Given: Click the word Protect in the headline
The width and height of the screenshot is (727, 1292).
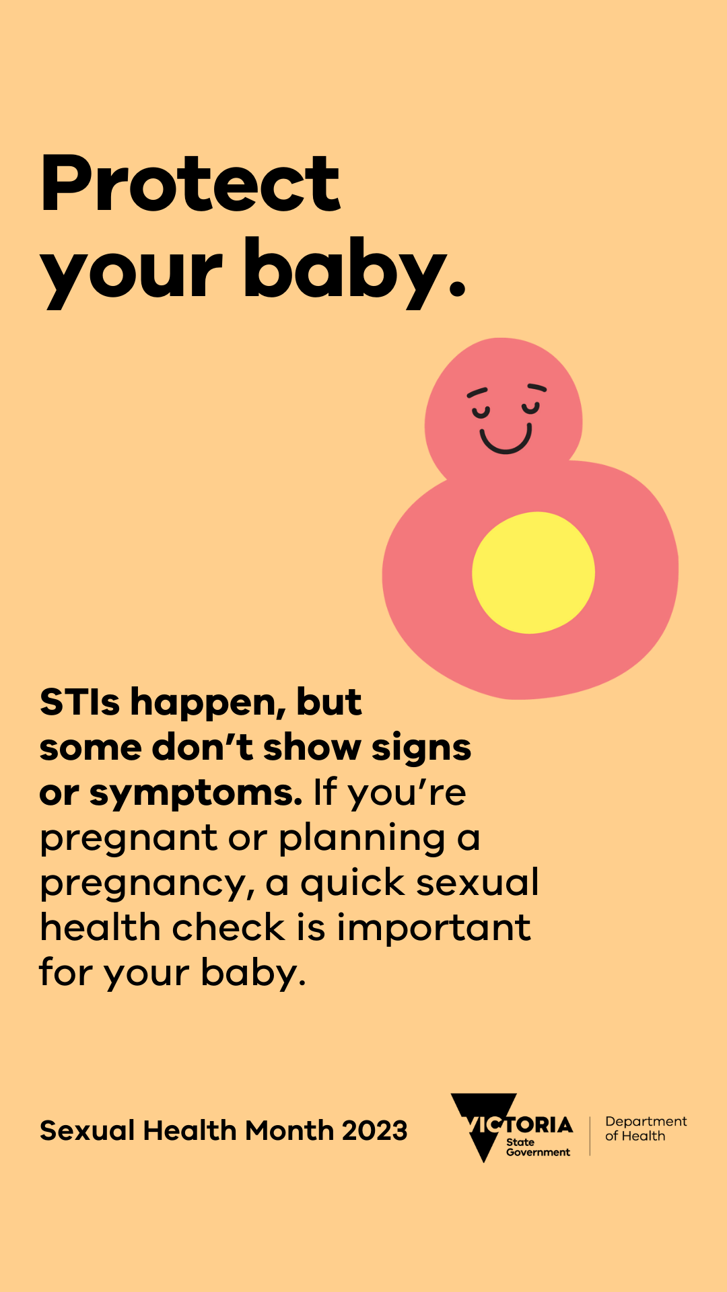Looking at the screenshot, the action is [191, 183].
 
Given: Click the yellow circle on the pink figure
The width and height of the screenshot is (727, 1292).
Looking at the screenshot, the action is [533, 573].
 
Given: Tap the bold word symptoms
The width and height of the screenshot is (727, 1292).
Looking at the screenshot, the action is [196, 794].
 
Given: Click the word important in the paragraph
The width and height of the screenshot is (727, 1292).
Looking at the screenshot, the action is [434, 928].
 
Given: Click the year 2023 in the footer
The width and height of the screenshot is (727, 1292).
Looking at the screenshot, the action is [374, 1130].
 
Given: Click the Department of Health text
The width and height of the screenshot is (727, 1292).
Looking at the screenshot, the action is [646, 1128].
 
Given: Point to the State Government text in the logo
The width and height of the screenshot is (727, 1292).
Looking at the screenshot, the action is [538, 1147].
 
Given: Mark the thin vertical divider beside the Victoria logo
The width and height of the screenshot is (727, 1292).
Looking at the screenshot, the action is [590, 1136].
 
